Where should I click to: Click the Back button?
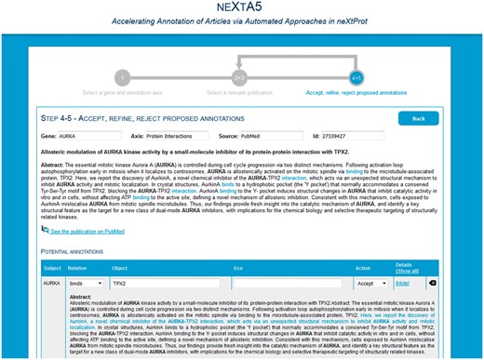coord(418,118)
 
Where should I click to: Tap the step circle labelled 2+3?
coord(239,77)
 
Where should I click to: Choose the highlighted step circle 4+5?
coord(356,77)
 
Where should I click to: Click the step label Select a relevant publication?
coord(239,93)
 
